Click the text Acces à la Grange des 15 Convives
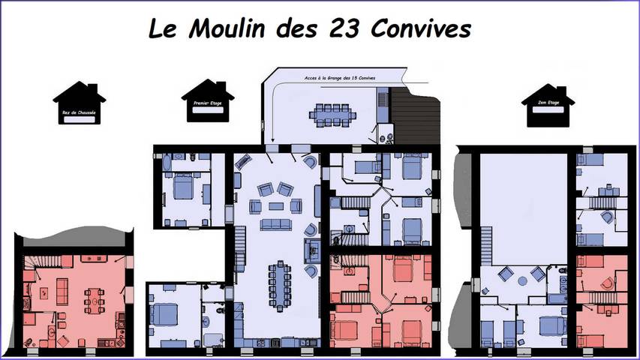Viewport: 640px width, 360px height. (339, 78)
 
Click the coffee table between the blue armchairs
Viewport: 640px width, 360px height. (276, 205)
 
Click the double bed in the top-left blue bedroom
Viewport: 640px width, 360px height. (184, 187)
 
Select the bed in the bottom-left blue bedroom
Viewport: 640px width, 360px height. (163, 315)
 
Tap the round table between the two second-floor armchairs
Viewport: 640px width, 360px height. (522, 280)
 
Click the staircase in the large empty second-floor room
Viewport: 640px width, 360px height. (486, 245)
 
